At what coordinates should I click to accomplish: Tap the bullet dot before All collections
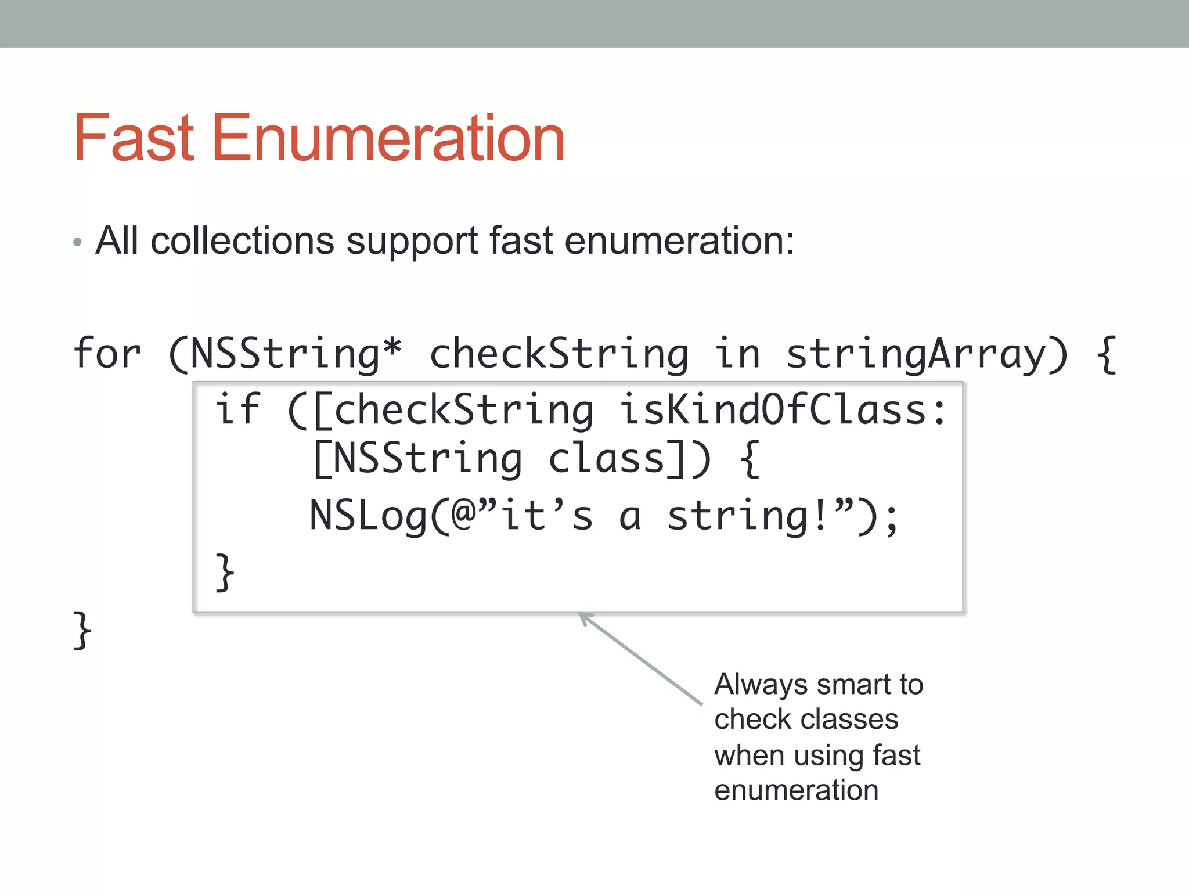point(78,242)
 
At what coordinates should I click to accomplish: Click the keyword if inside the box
point(238,409)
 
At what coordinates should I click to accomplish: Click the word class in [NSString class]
point(607,459)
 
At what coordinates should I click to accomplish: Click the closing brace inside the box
point(225,573)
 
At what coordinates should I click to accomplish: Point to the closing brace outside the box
point(82,630)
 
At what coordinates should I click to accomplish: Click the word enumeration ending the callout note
point(796,790)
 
